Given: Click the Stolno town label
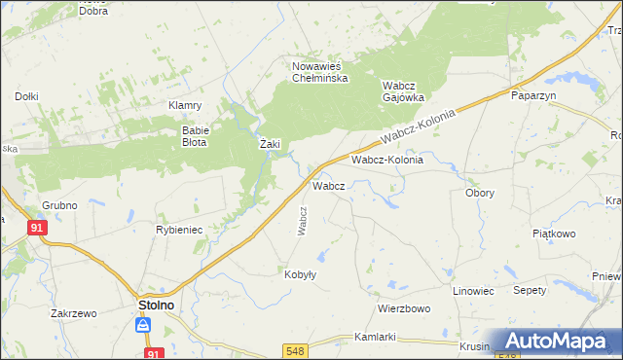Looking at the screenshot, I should (x=151, y=305).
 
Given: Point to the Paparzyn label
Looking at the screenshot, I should (x=532, y=96).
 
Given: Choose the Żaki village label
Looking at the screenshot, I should (x=270, y=144).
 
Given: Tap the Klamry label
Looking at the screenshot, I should (x=184, y=105).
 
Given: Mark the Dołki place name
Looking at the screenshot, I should (x=26, y=96).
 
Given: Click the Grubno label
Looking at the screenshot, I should (x=59, y=205).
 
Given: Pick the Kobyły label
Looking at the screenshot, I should (x=300, y=274).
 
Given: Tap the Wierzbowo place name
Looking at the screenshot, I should (x=404, y=308).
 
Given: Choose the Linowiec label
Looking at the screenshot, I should (x=474, y=291).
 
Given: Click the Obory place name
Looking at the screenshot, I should (x=479, y=193).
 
